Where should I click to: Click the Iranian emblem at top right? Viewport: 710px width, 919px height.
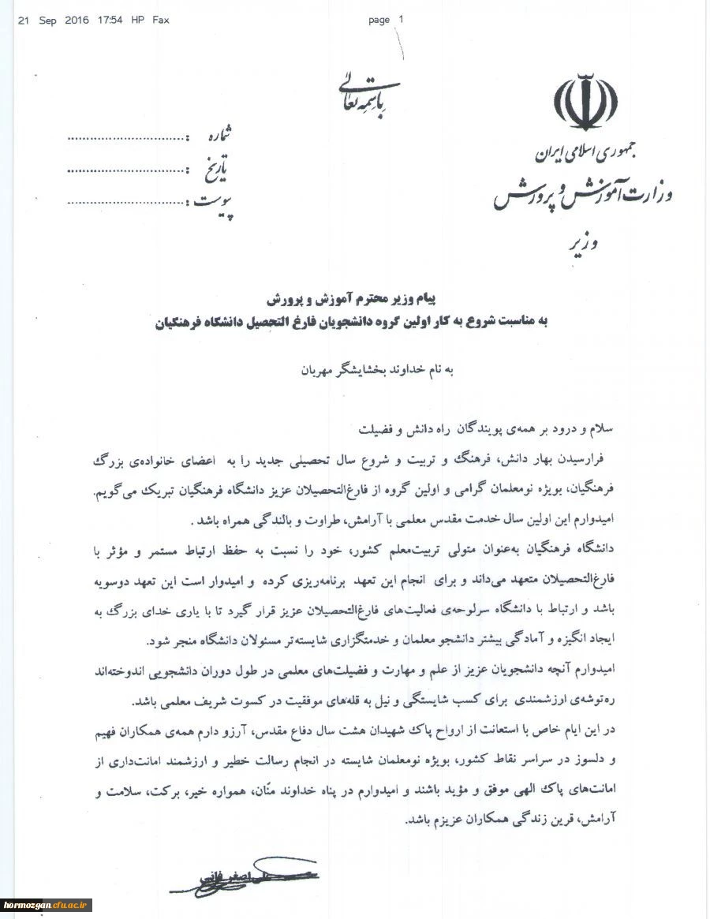585,101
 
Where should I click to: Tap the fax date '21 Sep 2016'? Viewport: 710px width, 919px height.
54,21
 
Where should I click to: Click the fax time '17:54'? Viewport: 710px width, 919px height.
110,21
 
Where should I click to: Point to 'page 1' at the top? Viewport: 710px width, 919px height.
385,21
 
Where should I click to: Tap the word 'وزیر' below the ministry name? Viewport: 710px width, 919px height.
581,245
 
